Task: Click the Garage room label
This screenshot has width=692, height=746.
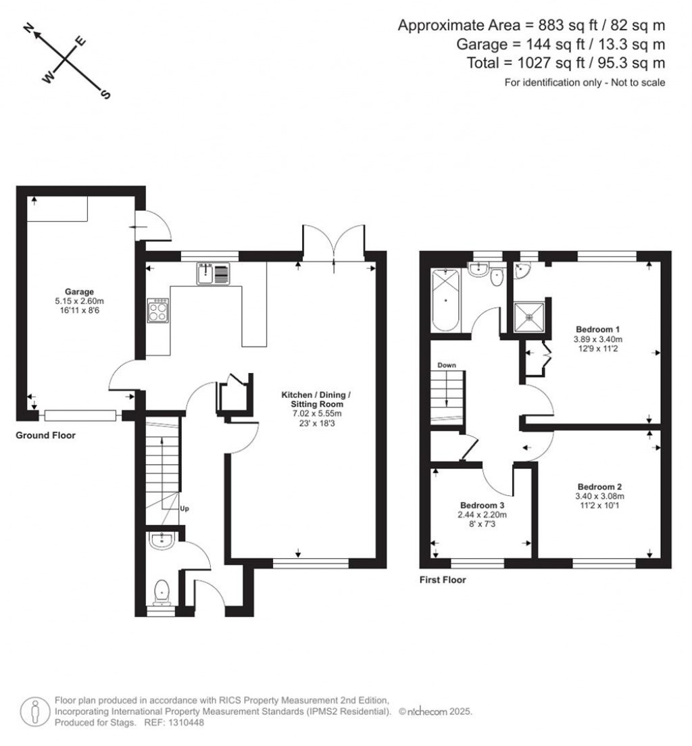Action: [x=80, y=292]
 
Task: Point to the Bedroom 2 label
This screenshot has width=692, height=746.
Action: [x=599, y=487]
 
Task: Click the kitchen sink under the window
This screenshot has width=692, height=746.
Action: [x=214, y=273]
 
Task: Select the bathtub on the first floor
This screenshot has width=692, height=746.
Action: [x=445, y=300]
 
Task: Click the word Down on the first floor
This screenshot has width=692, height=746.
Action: [x=447, y=365]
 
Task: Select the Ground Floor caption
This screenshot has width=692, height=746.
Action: [x=45, y=436]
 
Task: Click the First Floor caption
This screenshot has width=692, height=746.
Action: [x=443, y=580]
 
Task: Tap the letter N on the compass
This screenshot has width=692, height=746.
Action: [x=28, y=28]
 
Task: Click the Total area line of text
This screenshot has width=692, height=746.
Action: [x=566, y=63]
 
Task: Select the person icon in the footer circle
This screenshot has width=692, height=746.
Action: [x=34, y=712]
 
